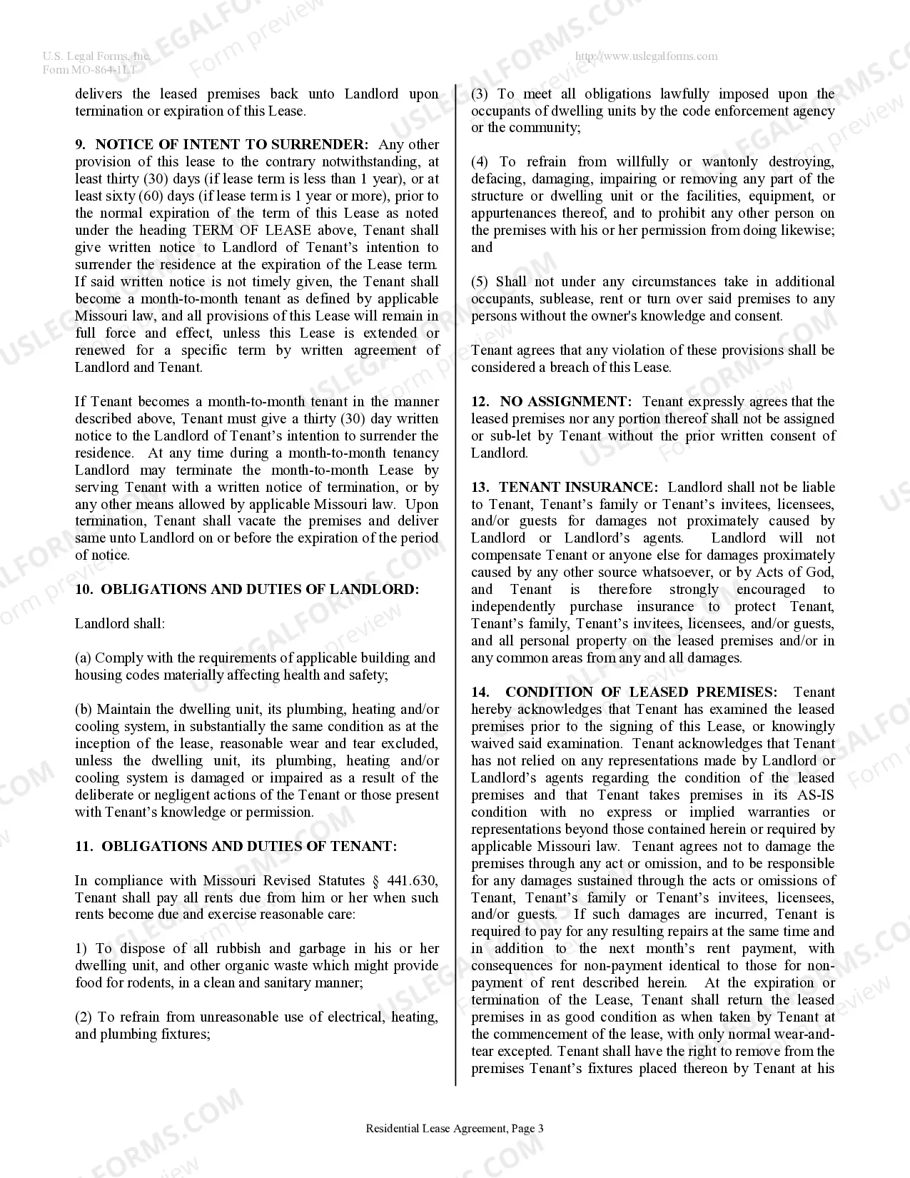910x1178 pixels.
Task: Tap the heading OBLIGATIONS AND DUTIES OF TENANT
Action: (x=249, y=847)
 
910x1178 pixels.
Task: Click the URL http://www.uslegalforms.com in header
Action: (x=647, y=56)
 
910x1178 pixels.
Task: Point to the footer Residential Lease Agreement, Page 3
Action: (x=455, y=1129)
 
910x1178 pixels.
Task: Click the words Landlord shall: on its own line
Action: (x=120, y=624)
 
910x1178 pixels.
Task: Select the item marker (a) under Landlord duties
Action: (x=84, y=658)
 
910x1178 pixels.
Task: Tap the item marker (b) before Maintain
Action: (x=84, y=710)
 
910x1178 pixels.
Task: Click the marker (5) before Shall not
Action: (x=480, y=282)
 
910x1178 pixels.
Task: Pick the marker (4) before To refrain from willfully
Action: (x=480, y=162)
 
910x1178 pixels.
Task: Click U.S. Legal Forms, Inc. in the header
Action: (x=96, y=56)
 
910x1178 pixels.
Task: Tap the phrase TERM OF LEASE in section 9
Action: (x=252, y=231)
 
